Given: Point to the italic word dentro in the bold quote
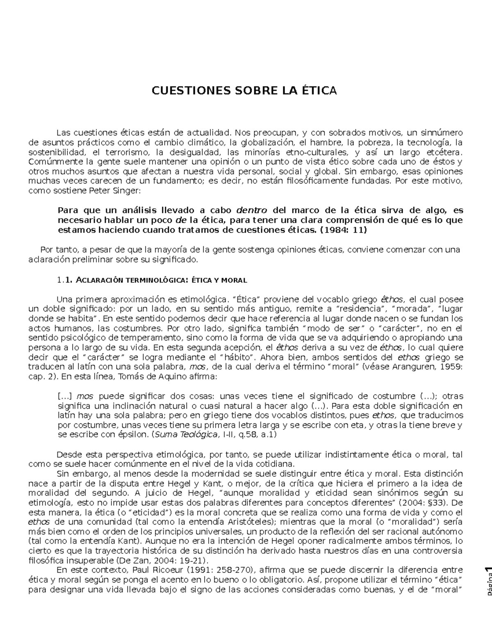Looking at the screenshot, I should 252,210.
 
